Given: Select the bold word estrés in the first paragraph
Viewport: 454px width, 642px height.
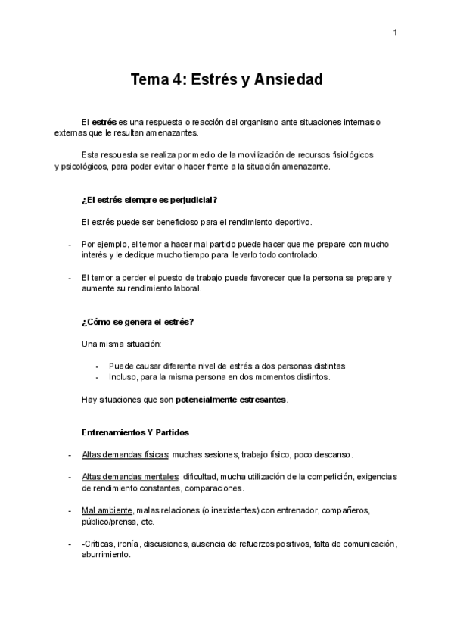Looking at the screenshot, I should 104,122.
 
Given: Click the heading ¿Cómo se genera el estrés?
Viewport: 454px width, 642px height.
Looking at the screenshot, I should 137,322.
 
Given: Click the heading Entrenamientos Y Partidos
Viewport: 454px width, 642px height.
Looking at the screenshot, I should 135,432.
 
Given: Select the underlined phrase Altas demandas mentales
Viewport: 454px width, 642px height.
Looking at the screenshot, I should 129,477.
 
